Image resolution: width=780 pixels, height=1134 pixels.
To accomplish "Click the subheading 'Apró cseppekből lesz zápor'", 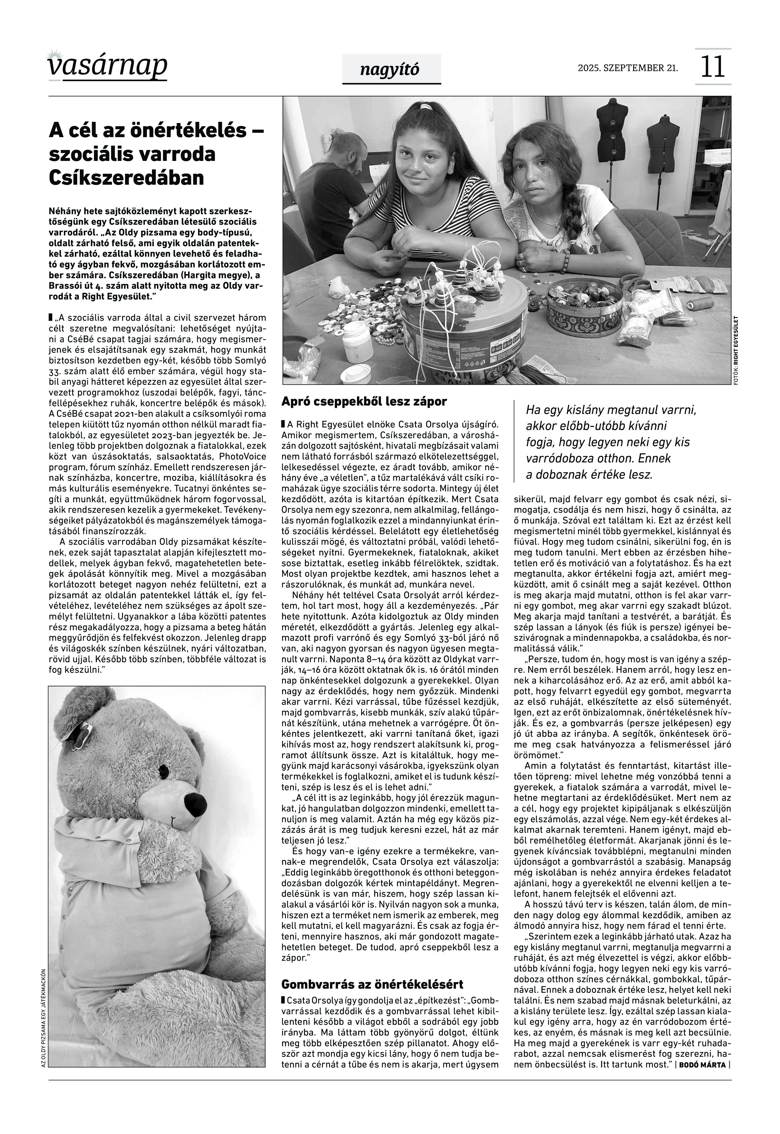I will pyautogui.click(x=364, y=402).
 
